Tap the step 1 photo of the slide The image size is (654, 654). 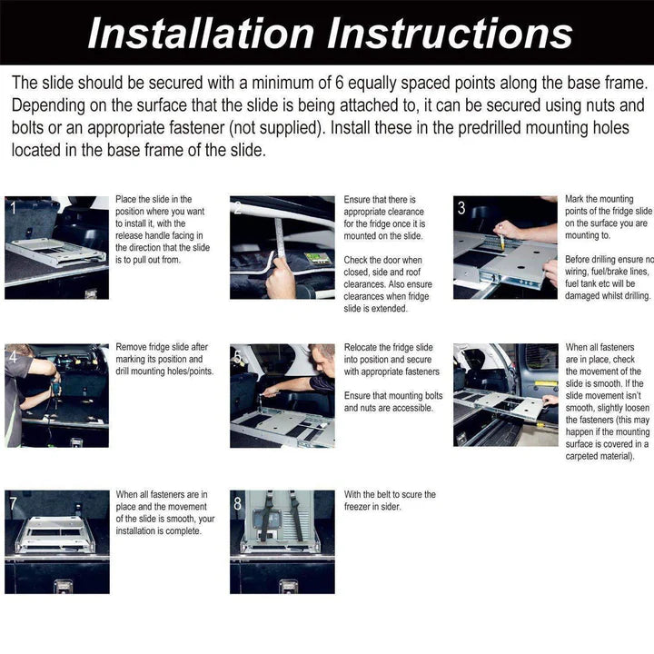pyautogui.click(x=56, y=247)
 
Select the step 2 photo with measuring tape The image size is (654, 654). pyautogui.click(x=282, y=247)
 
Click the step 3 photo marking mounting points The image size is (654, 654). pyautogui.click(x=505, y=247)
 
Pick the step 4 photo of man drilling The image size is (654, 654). pyautogui.click(x=56, y=395)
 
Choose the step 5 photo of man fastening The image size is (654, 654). pyautogui.click(x=282, y=395)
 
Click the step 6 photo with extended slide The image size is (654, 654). pyautogui.click(x=505, y=395)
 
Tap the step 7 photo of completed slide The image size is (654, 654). pyautogui.click(x=56, y=541)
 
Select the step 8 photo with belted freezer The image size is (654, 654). pyautogui.click(x=282, y=541)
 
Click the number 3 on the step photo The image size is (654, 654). pyautogui.click(x=461, y=209)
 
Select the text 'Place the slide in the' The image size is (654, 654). pyautogui.click(x=154, y=199)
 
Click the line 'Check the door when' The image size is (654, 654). pyautogui.click(x=383, y=261)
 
